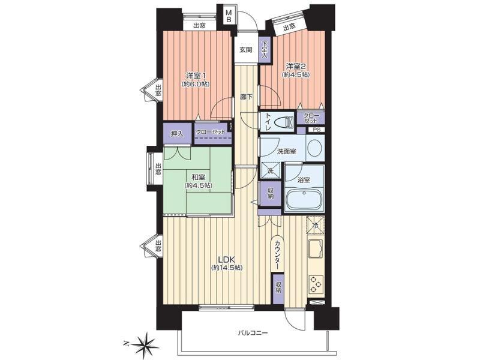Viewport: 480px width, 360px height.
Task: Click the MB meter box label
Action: [x=229, y=16]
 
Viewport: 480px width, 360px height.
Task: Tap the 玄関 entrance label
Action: [x=246, y=50]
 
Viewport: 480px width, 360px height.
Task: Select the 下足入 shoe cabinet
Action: [x=265, y=50]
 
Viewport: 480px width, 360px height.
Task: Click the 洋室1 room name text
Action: [x=196, y=75]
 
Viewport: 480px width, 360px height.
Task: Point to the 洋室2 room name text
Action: [x=296, y=66]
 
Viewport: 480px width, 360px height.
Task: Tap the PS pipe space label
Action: [x=317, y=130]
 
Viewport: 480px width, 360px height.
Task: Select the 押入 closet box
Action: [x=178, y=133]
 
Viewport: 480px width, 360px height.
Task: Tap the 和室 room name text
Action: [x=198, y=177]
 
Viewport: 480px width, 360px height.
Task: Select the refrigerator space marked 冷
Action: [x=315, y=226]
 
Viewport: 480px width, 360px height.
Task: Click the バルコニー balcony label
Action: [x=253, y=332]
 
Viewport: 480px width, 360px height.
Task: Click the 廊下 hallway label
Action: [x=247, y=97]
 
